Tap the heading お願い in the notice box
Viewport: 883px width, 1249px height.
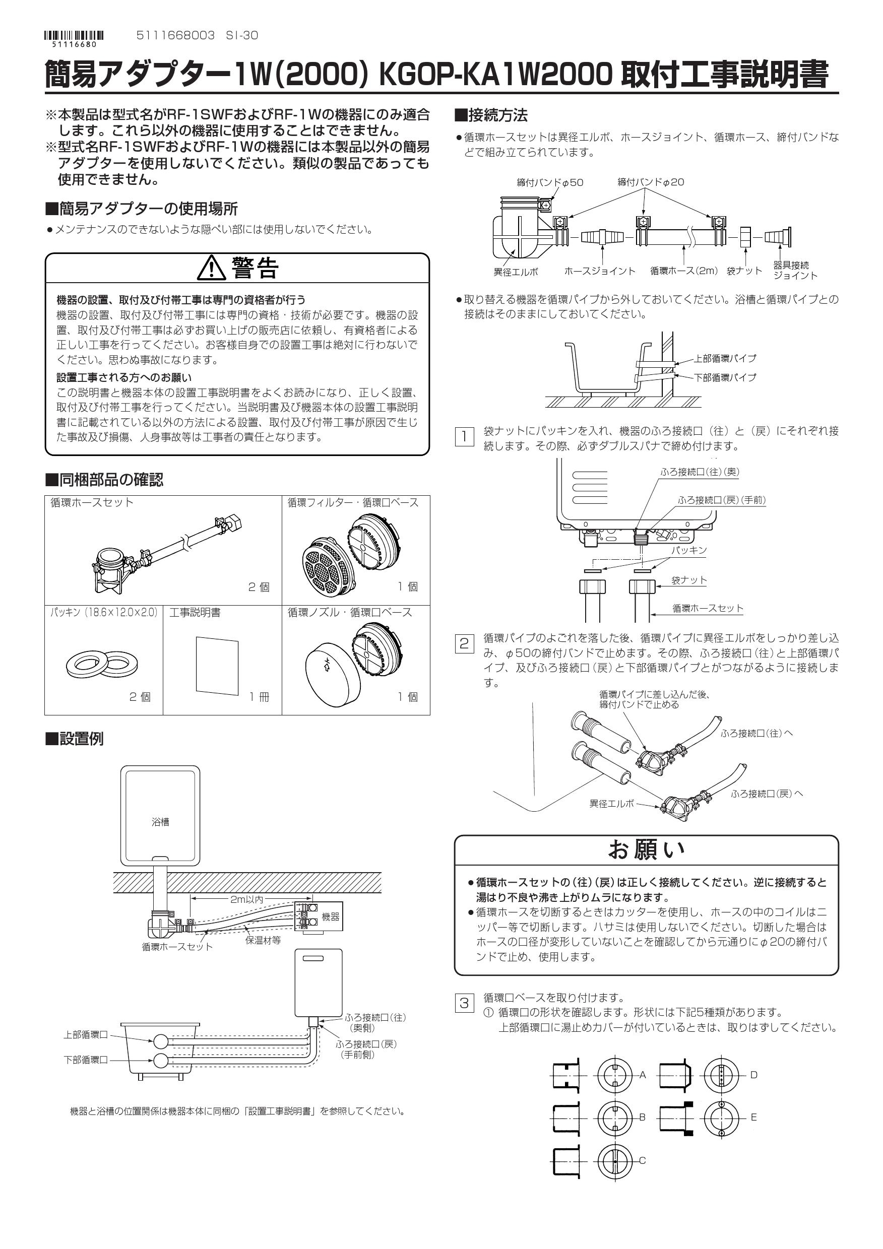click(646, 849)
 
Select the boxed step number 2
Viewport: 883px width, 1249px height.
click(464, 644)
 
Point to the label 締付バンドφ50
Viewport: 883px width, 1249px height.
click(549, 183)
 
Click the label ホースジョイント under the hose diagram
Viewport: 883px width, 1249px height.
click(600, 271)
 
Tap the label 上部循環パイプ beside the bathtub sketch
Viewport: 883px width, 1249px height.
click(725, 359)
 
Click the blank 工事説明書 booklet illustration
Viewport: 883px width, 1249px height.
click(217, 665)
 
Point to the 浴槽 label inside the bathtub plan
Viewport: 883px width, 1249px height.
click(160, 822)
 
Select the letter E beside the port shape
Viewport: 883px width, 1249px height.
click(753, 1117)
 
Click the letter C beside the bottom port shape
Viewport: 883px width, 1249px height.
click(642, 1161)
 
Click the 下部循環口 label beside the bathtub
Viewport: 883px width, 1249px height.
click(86, 1060)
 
